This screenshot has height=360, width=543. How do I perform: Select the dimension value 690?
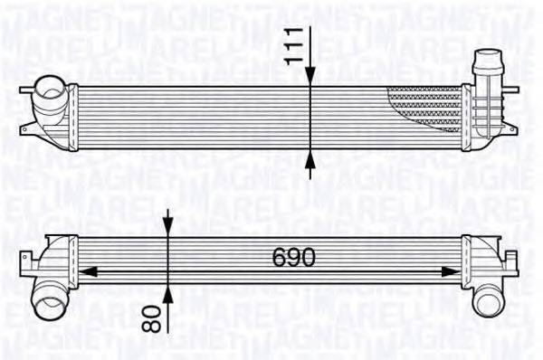pos(295,259)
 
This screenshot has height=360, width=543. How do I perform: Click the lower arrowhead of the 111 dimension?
pos(310,159)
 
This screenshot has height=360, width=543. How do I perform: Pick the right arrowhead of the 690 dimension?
pos(454,270)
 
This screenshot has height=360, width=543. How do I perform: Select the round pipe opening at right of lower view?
pos(489,298)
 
